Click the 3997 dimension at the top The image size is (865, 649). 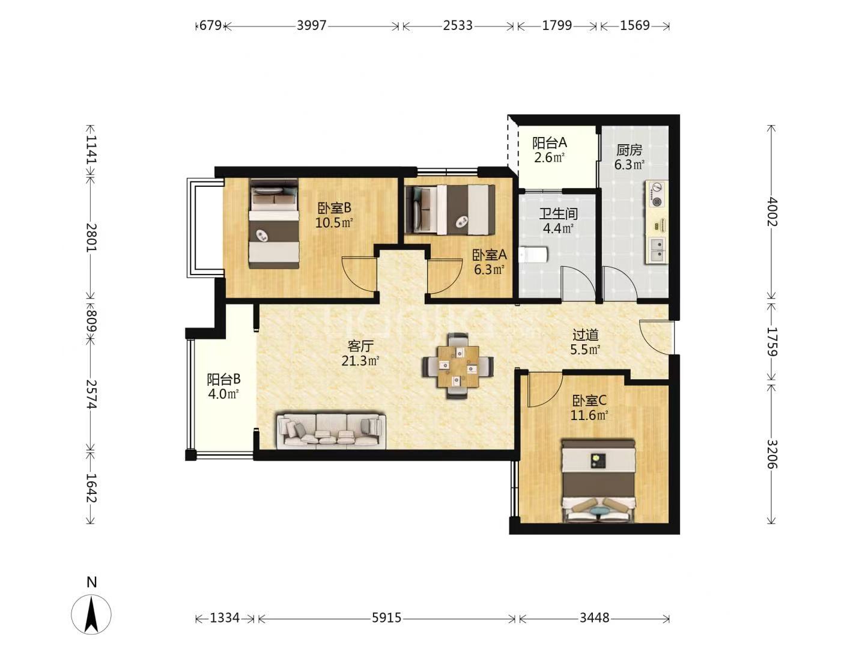[x=311, y=26]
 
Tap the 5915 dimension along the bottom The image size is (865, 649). [x=386, y=618]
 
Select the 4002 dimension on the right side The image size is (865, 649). [x=771, y=212]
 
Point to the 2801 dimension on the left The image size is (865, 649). [x=91, y=237]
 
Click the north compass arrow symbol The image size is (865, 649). [x=91, y=614]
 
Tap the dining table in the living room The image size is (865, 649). [x=458, y=366]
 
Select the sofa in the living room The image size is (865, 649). [x=331, y=431]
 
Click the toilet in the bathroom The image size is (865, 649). [x=533, y=255]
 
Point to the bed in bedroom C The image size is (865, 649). [x=598, y=481]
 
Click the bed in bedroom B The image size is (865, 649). [x=274, y=224]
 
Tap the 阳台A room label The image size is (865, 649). [x=550, y=142]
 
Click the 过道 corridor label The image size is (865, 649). [x=586, y=335]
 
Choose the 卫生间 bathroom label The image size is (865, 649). [x=558, y=213]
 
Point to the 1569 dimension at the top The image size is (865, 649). [x=634, y=26]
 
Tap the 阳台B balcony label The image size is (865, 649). [x=223, y=379]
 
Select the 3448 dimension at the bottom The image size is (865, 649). [x=594, y=618]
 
